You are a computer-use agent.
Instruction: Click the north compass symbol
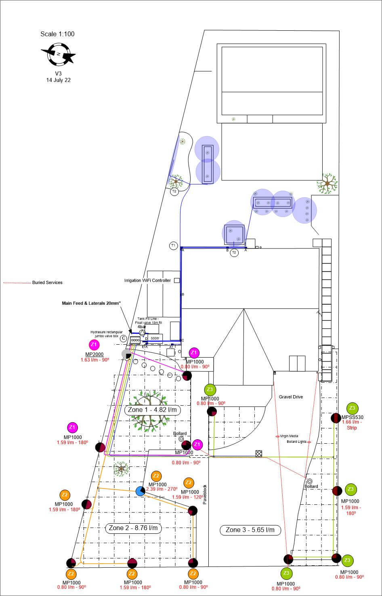58,55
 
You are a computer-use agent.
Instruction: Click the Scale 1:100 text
57,34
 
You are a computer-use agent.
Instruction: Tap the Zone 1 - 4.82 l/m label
152,410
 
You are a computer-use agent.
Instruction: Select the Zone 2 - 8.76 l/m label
133,528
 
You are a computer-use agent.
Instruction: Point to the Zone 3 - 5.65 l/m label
250,530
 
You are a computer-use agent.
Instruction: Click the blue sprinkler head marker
140,491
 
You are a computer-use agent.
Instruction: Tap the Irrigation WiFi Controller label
147,280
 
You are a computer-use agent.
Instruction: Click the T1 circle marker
173,245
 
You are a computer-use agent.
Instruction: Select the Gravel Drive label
291,397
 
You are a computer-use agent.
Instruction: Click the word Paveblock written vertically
205,494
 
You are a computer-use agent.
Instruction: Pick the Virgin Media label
289,436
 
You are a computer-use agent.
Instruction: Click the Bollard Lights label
296,442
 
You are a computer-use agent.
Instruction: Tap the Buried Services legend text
47,282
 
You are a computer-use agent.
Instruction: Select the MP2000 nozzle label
94,354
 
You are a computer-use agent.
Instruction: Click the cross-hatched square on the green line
259,454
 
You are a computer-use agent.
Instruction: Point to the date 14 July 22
58,80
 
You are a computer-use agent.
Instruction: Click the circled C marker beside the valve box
124,338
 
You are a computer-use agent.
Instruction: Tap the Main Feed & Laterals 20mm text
91,303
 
